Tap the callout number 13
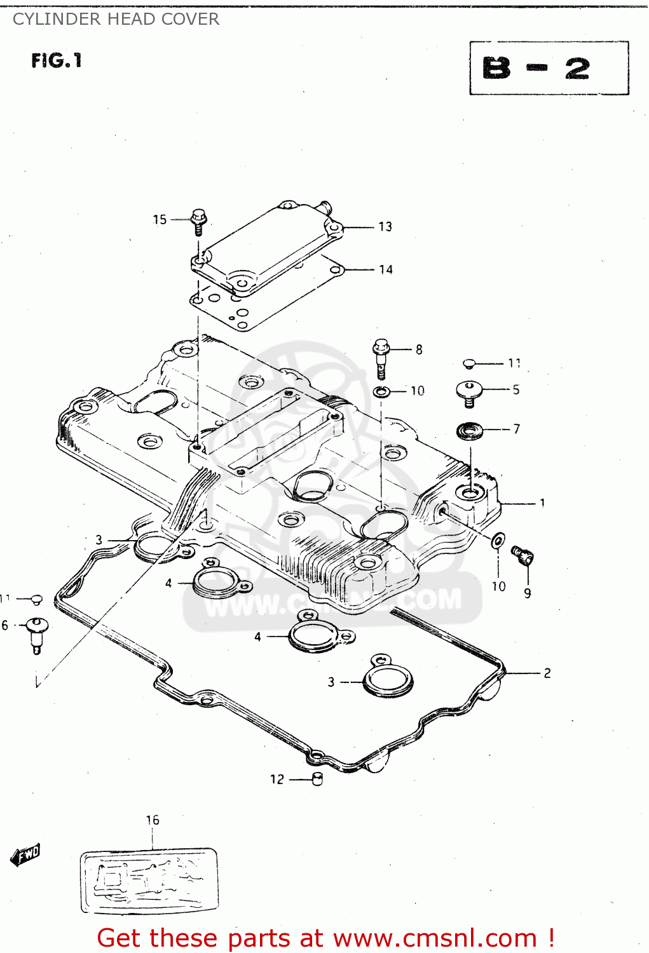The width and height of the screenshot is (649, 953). [x=385, y=227]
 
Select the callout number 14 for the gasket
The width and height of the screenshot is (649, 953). [x=385, y=269]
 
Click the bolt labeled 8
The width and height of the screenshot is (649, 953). [x=381, y=358]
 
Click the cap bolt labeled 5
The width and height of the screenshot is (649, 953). [x=469, y=391]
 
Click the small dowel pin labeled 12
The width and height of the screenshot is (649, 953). [x=318, y=779]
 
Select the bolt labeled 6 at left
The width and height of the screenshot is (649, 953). [x=37, y=633]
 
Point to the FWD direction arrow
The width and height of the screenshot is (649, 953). [x=25, y=855]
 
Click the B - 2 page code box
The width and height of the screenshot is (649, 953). [x=549, y=69]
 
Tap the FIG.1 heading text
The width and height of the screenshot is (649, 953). [x=57, y=61]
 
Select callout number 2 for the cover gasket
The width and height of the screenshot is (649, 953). [x=547, y=673]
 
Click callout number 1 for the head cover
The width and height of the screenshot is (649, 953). [x=542, y=503]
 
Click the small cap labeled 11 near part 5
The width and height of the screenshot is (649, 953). [x=469, y=363]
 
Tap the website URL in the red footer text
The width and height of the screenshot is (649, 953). [x=435, y=938]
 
